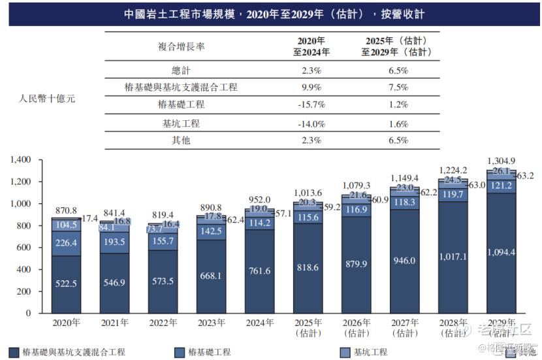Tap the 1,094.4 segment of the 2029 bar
coord(501,252)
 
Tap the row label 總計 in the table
coord(181,69)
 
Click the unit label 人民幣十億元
coord(48,99)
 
